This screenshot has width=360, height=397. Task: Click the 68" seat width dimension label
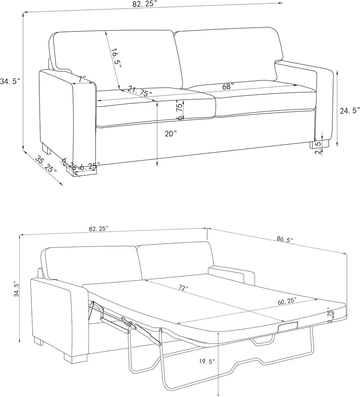(x=228, y=86)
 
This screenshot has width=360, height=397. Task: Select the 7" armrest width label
(x=82, y=78)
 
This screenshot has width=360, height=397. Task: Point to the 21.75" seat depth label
(x=140, y=91)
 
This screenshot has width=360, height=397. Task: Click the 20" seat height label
(x=170, y=134)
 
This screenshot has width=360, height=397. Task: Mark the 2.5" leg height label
(x=318, y=146)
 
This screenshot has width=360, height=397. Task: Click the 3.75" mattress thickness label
(x=329, y=315)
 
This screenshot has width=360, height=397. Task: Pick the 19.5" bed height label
(x=207, y=361)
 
